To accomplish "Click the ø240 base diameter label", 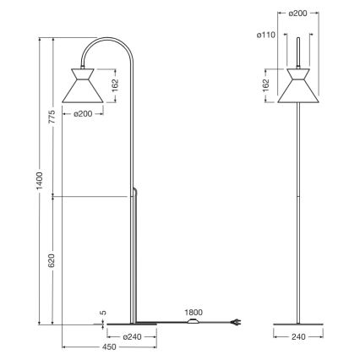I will tap(131, 337).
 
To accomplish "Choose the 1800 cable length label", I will tap(194, 311).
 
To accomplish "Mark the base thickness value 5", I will tap(103, 314).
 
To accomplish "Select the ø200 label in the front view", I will tap(297, 14).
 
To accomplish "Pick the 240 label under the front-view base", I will tap(297, 335).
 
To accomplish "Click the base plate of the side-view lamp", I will tap(131, 323).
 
